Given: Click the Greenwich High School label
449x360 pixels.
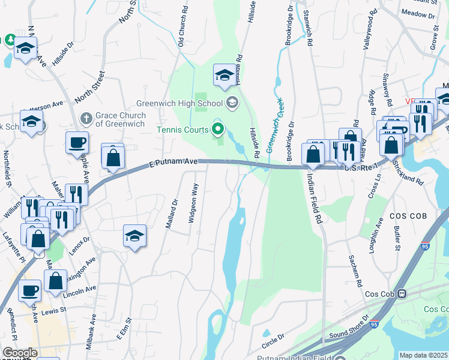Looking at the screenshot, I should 179,103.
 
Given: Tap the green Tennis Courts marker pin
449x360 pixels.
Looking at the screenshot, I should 218,129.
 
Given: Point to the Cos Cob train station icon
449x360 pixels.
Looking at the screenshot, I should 402,294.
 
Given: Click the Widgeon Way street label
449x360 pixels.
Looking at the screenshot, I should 194,203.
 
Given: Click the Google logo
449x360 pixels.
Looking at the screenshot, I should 20,353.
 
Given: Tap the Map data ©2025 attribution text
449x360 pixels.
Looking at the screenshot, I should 423,355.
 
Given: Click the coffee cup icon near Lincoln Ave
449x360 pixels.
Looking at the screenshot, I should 29,290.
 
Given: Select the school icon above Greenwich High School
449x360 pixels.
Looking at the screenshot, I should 224,75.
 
